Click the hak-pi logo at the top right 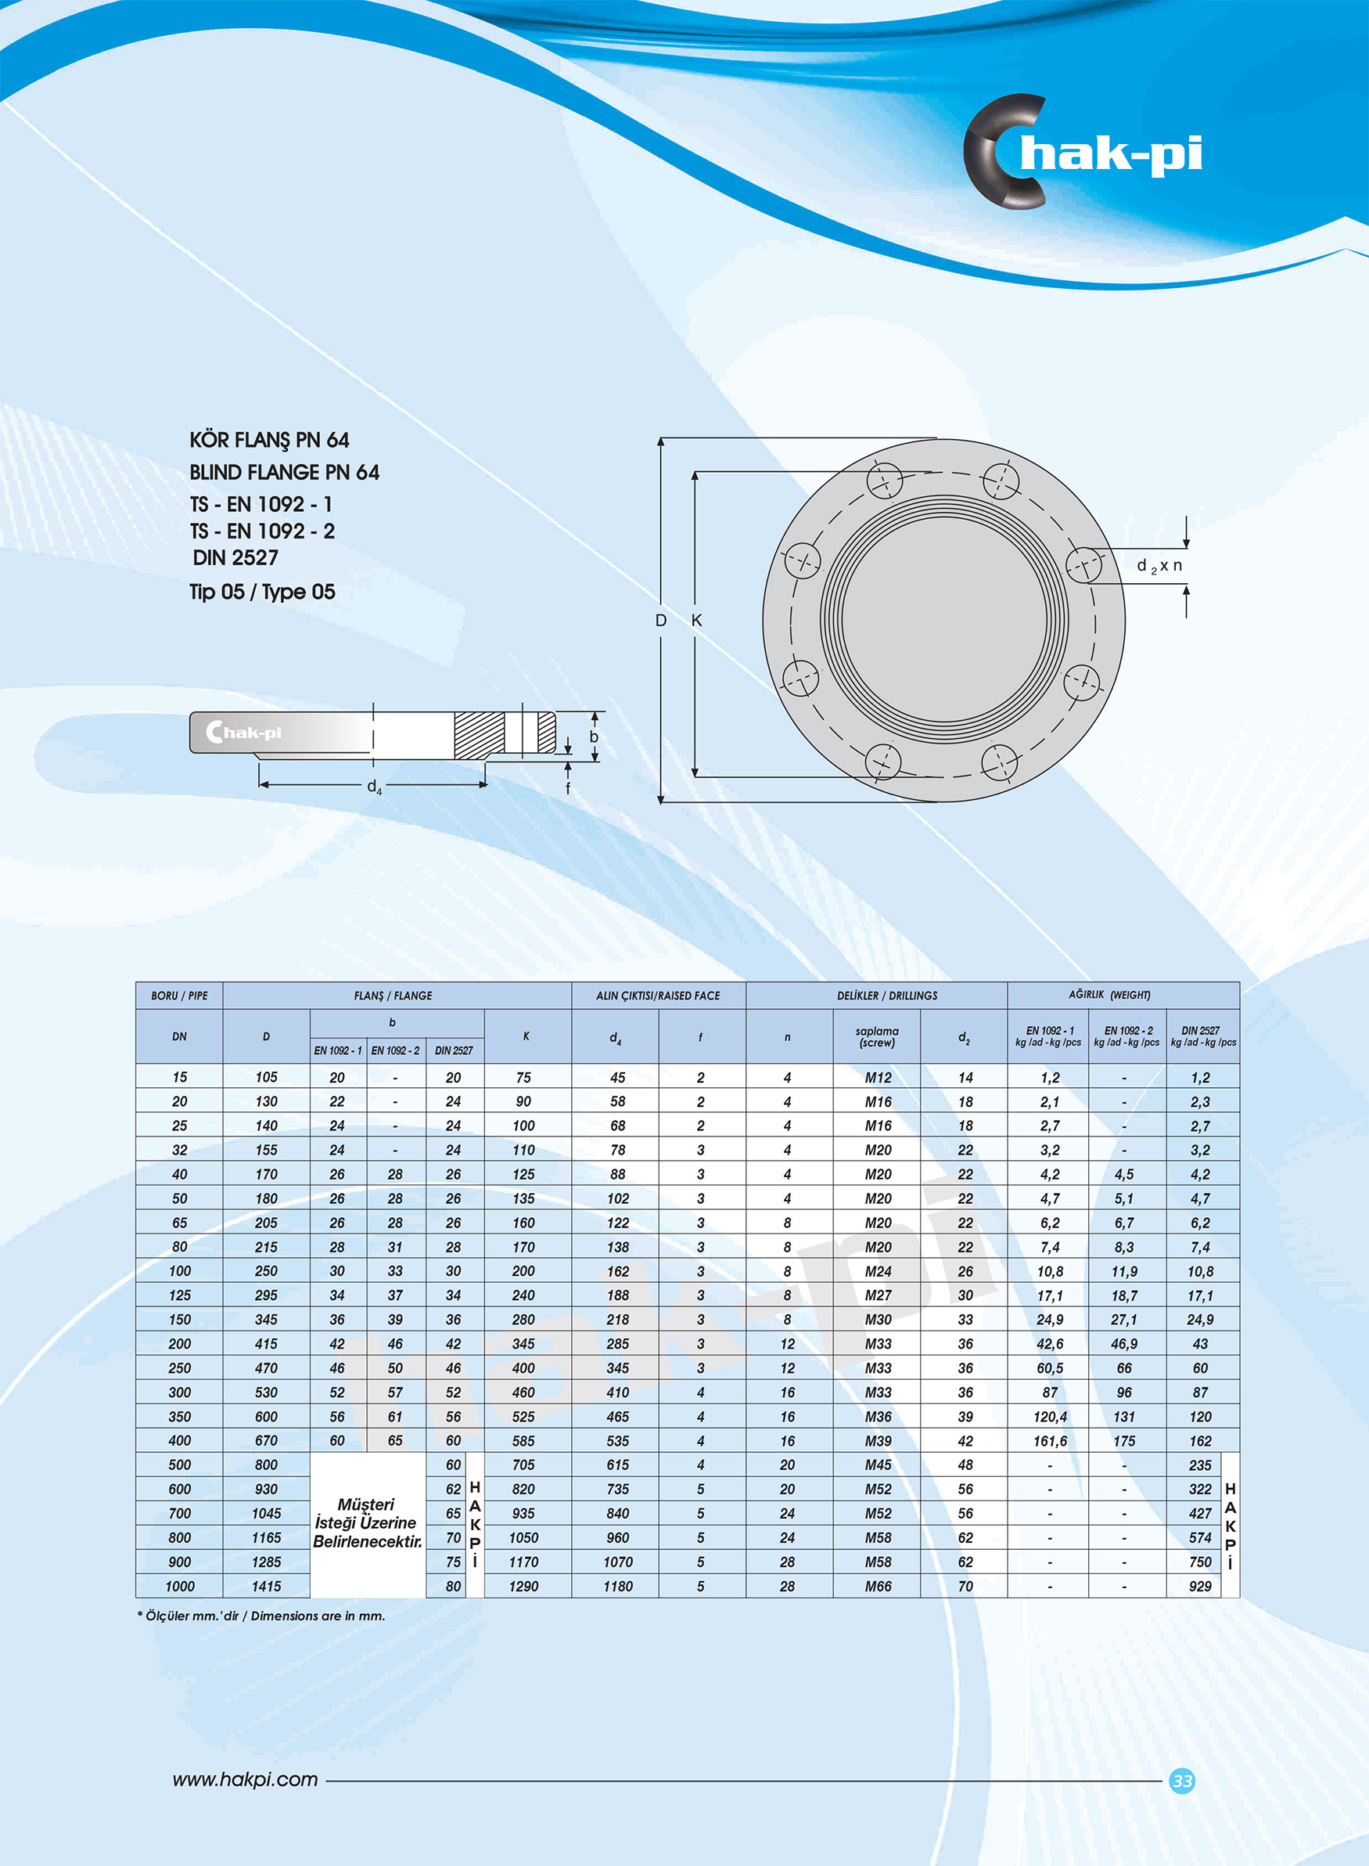tap(1081, 152)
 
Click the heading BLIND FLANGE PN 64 tap(284, 473)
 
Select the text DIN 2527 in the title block tap(235, 558)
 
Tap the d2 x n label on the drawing tap(1159, 566)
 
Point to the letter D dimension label tap(660, 620)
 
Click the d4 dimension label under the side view tap(375, 786)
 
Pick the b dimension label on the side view tap(593, 736)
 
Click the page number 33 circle tap(1182, 1780)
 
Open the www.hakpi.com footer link tap(246, 1779)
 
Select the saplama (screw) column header tap(877, 1036)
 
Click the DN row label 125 tap(180, 1295)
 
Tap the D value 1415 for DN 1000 tap(266, 1586)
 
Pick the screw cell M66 tap(878, 1586)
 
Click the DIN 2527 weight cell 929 tap(1199, 1586)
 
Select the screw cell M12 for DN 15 tap(878, 1078)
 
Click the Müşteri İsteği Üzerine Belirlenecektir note tap(367, 1523)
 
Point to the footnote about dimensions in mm tap(261, 1616)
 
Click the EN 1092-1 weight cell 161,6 tap(1049, 1441)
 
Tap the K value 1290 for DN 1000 tap(523, 1586)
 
